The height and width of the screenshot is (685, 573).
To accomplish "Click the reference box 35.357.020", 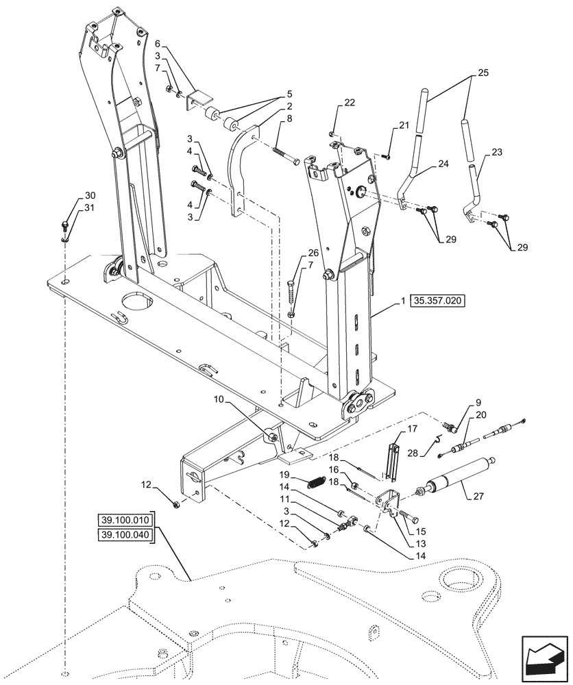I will point(437,301).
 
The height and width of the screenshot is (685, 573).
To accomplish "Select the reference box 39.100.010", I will point(126,521).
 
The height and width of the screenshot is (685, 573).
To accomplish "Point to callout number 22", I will point(350,103).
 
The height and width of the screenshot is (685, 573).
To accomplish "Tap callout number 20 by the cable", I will point(480,415).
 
